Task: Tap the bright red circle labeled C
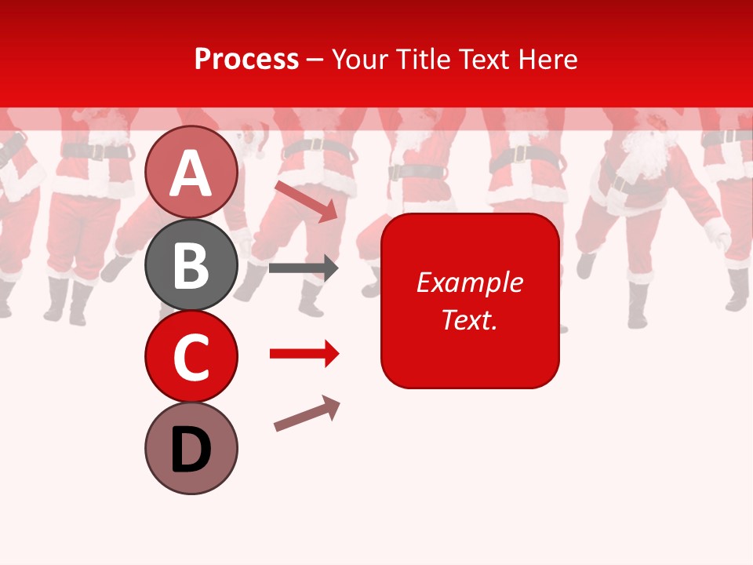[x=191, y=356]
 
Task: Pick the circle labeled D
[x=191, y=448]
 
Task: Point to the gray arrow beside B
[x=304, y=268]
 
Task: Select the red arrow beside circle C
[x=304, y=354]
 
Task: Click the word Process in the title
[x=246, y=59]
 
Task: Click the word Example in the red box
[x=469, y=282]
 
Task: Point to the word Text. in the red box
[x=469, y=319]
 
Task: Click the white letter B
[x=191, y=265]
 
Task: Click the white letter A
[x=191, y=173]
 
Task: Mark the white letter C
[x=191, y=357]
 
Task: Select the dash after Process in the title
[x=315, y=60]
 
